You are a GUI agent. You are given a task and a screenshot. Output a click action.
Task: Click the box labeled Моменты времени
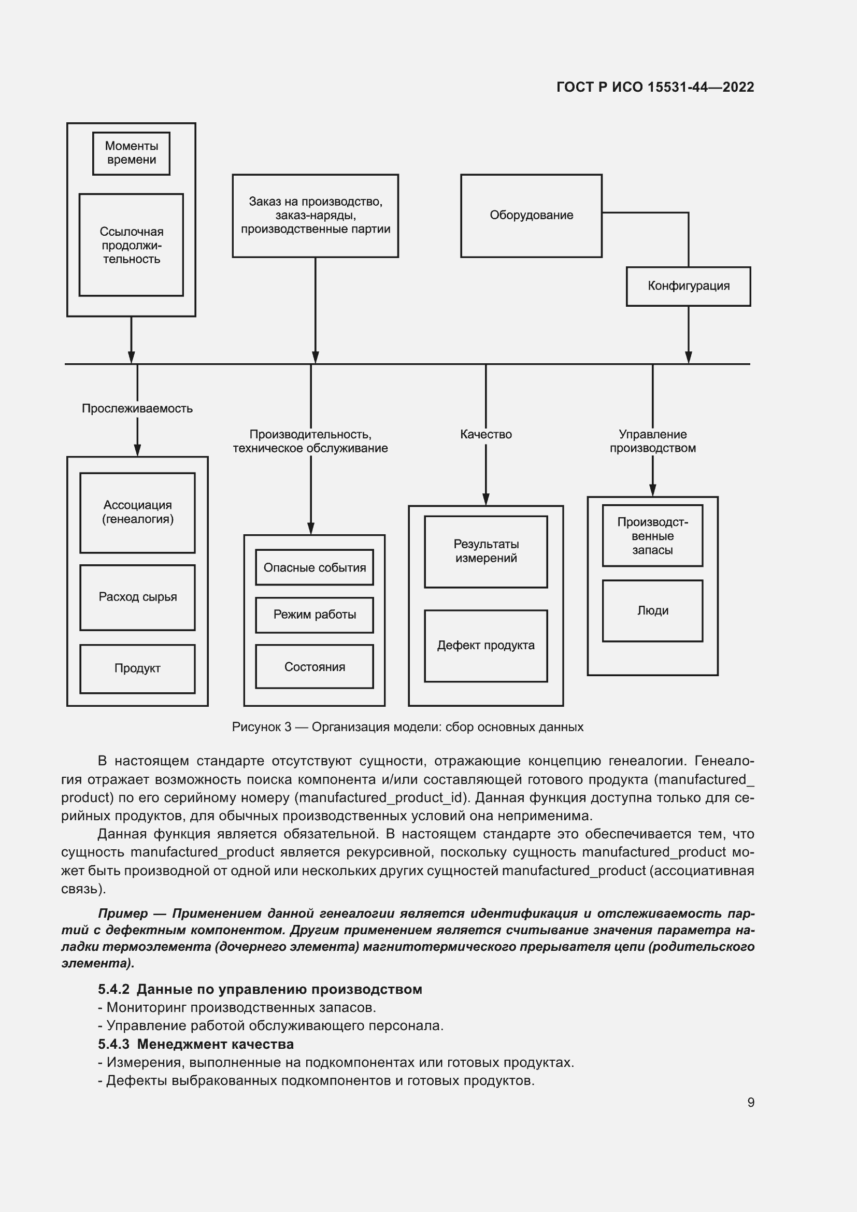click(132, 153)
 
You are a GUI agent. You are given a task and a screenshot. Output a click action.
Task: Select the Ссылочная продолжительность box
click(132, 245)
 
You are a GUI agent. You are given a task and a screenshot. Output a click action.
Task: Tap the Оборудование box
click(531, 216)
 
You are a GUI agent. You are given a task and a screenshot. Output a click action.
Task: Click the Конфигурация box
click(688, 286)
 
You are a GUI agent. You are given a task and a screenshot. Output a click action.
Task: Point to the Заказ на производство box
click(315, 216)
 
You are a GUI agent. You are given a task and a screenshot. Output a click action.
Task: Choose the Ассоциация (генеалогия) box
click(137, 512)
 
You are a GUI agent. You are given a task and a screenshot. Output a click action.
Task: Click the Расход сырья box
click(137, 597)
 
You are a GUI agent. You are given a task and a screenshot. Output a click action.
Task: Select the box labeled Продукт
click(137, 668)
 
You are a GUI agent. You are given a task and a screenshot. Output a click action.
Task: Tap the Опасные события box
click(315, 567)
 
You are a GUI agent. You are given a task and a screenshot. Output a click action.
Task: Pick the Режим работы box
click(315, 615)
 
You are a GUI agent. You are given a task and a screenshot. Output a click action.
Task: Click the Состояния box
click(315, 667)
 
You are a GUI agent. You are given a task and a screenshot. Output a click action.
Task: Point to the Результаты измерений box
click(486, 551)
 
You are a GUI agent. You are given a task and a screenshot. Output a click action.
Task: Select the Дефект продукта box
click(486, 645)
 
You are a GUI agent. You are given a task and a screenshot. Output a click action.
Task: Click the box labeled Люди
click(653, 611)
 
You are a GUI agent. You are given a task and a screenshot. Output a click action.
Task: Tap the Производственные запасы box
click(653, 536)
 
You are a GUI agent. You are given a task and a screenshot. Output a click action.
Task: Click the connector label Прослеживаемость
click(137, 408)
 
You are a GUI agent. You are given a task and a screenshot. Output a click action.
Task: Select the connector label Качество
click(486, 434)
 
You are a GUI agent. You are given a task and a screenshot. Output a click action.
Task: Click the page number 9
click(751, 1102)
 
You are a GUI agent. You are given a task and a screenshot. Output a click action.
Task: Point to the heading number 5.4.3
click(113, 1044)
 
